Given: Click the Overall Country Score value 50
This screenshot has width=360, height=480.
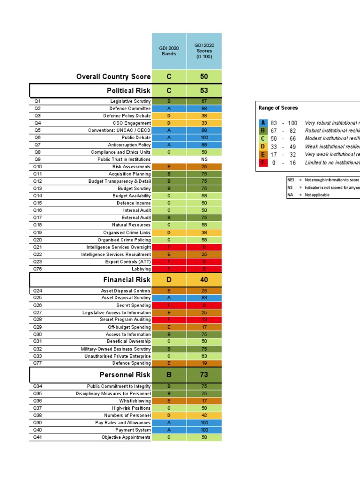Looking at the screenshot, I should coord(204,76).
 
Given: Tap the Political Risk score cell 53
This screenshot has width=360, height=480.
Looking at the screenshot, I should coord(204,90).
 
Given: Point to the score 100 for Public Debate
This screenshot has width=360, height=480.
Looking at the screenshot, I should coord(204,138).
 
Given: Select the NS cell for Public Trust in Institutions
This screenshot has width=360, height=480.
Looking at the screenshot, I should coord(204,159).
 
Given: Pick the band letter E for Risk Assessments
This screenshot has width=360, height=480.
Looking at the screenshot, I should coord(169,167).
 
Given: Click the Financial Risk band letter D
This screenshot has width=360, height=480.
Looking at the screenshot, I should coord(169,280).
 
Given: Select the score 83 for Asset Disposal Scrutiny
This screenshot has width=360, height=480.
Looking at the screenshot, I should coord(204,298).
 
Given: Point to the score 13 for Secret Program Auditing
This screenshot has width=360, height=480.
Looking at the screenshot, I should coord(204,320).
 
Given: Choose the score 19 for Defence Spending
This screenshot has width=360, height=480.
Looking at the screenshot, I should coord(204,363).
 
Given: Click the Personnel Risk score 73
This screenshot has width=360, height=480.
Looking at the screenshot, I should coord(204,375).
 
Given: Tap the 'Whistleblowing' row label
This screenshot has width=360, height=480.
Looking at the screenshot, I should coord(136,401).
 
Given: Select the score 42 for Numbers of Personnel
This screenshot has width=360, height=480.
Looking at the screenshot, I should coord(204,415).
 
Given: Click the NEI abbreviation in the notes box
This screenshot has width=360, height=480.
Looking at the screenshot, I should coord(291,180).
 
